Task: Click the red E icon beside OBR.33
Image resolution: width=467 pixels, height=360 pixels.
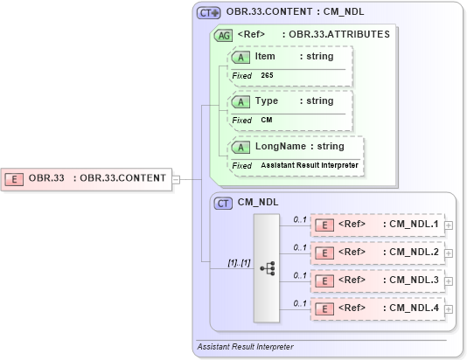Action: pos(15,179)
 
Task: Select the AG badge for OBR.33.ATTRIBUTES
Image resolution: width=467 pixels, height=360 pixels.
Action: pos(224,36)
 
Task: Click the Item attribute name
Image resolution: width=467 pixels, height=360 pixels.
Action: pos(265,56)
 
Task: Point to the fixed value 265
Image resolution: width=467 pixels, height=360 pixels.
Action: pos(267,76)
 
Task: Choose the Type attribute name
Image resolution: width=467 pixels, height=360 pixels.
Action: pos(267,100)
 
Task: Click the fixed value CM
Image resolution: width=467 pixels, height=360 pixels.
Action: pos(266,121)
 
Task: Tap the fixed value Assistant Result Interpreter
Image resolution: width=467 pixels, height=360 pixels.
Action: pos(309,165)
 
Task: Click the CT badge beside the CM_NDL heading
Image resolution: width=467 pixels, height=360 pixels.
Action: pos(224,203)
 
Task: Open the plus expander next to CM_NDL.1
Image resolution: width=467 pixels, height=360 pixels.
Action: pos(449,225)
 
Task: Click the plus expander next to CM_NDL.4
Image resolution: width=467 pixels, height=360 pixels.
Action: pos(449,309)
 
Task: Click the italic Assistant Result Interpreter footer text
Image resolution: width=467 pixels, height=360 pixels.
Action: pos(246,347)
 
